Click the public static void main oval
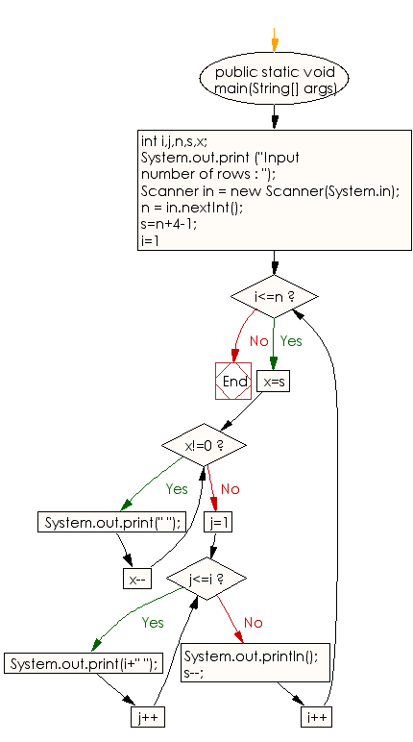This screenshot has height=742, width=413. [x=275, y=79]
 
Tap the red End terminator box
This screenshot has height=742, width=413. [x=233, y=381]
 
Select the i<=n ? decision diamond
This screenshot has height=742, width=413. [x=275, y=297]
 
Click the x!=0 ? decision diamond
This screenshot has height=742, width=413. [x=204, y=445]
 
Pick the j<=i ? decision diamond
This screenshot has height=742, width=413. [x=206, y=579]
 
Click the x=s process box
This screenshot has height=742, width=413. [x=274, y=382]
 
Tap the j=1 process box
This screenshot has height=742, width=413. [x=219, y=522]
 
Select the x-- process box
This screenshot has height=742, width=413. [x=137, y=579]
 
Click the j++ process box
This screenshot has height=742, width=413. [x=148, y=717]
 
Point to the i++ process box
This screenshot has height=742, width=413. [x=317, y=717]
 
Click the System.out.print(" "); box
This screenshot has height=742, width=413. [x=111, y=522]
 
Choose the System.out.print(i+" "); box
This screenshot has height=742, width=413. [x=84, y=663]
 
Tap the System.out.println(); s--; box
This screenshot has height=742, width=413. [x=255, y=662]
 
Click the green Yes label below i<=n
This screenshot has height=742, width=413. [x=291, y=340]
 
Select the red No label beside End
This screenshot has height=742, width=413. [x=258, y=340]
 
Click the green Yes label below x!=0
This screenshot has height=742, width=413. [x=177, y=489]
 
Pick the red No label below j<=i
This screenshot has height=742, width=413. [x=254, y=623]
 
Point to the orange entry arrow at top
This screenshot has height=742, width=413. [x=275, y=39]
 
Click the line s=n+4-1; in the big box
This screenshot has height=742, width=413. [x=169, y=223]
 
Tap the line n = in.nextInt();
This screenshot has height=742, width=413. [x=192, y=208]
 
